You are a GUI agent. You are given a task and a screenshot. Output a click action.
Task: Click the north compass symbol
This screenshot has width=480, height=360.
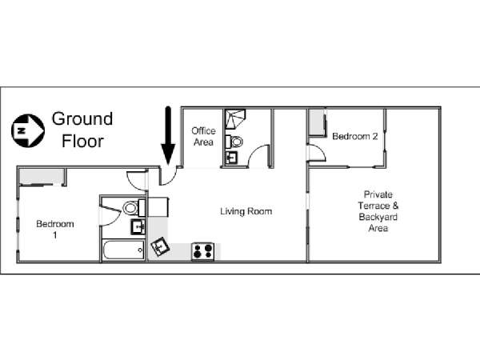click(x=28, y=130)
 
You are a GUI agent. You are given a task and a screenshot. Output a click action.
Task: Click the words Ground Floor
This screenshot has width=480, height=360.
click(x=82, y=130)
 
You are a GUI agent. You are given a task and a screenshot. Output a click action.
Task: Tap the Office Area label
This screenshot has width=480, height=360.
click(x=203, y=137)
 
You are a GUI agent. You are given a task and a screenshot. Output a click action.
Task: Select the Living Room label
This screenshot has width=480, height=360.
click(x=246, y=211)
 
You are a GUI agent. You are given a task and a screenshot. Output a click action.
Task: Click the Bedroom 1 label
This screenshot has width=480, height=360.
click(x=55, y=230)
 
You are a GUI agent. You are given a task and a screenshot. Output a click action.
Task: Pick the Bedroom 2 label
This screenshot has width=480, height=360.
click(x=355, y=136)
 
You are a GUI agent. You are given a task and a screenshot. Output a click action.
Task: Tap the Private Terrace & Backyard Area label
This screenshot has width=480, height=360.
click(x=378, y=211)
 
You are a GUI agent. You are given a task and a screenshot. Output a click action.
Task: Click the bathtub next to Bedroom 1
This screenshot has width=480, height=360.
click(x=124, y=250)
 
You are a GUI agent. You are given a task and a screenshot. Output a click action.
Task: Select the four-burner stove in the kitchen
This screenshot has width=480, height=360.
click(x=202, y=251)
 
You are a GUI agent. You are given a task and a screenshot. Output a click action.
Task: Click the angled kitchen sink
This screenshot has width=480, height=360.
click(x=160, y=246)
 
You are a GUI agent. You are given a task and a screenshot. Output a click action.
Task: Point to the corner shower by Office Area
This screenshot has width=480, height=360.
click(x=235, y=119)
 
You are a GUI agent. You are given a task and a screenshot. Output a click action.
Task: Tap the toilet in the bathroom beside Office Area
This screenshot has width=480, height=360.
click(x=234, y=142)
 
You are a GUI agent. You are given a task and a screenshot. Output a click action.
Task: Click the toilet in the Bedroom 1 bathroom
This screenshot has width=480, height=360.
click(x=134, y=208)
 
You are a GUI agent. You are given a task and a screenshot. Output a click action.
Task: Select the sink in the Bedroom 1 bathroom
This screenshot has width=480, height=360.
click(x=138, y=227)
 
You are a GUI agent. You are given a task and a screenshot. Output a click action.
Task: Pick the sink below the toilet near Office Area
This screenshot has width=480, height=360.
click(x=231, y=158)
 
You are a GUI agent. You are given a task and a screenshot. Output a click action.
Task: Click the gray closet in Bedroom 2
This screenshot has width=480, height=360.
click(x=317, y=122)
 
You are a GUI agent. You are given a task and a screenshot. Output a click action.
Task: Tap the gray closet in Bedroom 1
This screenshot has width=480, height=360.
click(x=42, y=176)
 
